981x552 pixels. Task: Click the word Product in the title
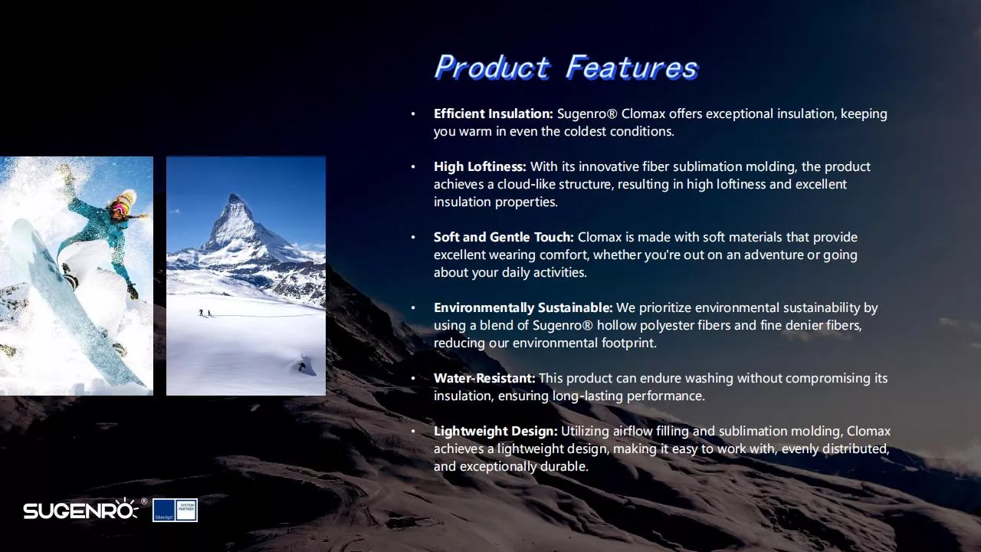(x=492, y=67)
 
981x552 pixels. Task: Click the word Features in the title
(x=632, y=67)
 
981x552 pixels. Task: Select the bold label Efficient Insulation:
(x=494, y=114)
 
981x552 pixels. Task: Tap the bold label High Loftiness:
(x=480, y=167)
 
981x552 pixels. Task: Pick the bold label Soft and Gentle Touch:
(x=504, y=238)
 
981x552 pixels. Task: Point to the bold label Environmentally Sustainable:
(x=523, y=308)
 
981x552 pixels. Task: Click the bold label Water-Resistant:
(x=484, y=378)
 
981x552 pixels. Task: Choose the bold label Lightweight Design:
(x=496, y=432)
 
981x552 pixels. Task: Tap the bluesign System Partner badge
(x=175, y=511)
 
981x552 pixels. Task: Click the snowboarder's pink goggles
(x=119, y=207)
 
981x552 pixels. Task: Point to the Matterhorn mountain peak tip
(x=235, y=195)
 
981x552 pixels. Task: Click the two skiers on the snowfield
(x=205, y=313)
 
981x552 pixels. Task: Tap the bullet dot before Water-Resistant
(x=412, y=379)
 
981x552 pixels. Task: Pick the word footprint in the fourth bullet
(x=628, y=343)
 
